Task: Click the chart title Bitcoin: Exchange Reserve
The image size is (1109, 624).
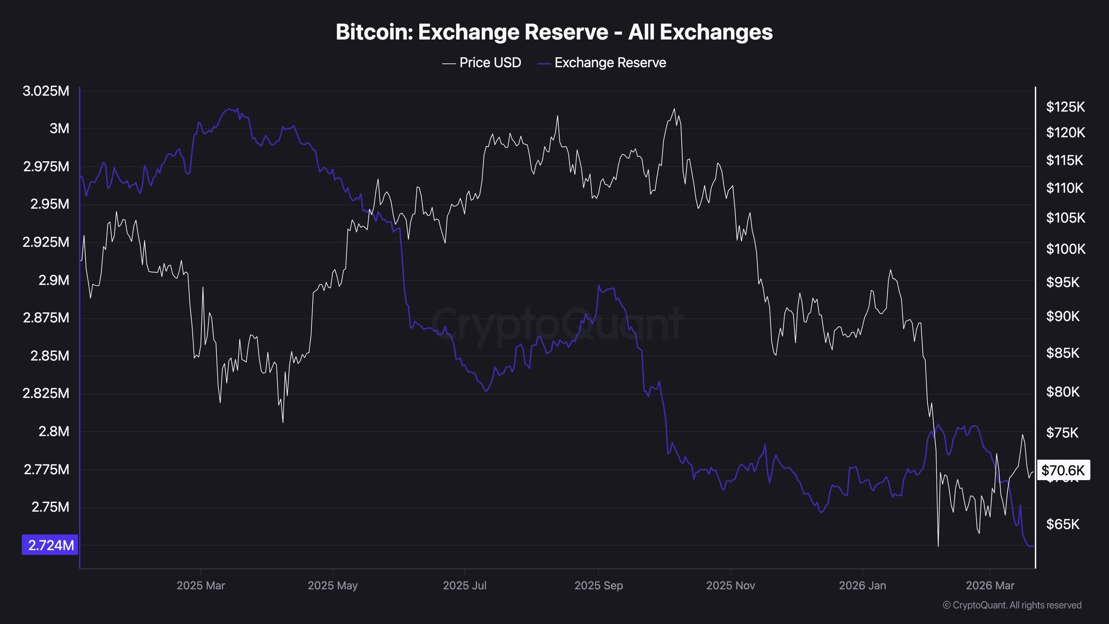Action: pyautogui.click(x=554, y=32)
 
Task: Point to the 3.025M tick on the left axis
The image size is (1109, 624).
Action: pyautogui.click(x=46, y=91)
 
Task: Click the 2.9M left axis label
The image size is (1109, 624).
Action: pyautogui.click(x=54, y=280)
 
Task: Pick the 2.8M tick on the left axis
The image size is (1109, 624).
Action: pyautogui.click(x=54, y=431)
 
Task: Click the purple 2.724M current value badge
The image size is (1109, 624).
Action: pyautogui.click(x=50, y=545)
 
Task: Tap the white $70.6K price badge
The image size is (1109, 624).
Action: pyautogui.click(x=1063, y=470)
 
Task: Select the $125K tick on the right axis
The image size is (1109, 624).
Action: pyautogui.click(x=1065, y=107)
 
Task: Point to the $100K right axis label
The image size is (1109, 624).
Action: pyautogui.click(x=1065, y=249)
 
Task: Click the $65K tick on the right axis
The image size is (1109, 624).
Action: pyautogui.click(x=1063, y=524)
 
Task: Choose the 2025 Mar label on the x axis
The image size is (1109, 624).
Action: pyautogui.click(x=201, y=585)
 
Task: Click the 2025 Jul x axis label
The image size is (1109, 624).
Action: pyautogui.click(x=464, y=585)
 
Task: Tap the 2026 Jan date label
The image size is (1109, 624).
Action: pyautogui.click(x=862, y=585)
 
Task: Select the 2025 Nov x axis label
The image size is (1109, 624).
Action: pyautogui.click(x=730, y=585)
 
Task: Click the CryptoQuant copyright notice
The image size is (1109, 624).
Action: pyautogui.click(x=1012, y=605)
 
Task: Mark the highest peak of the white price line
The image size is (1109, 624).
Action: pyautogui.click(x=674, y=109)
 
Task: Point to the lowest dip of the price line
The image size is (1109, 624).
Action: pyautogui.click(x=938, y=546)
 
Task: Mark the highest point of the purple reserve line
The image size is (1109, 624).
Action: pyautogui.click(x=229, y=109)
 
